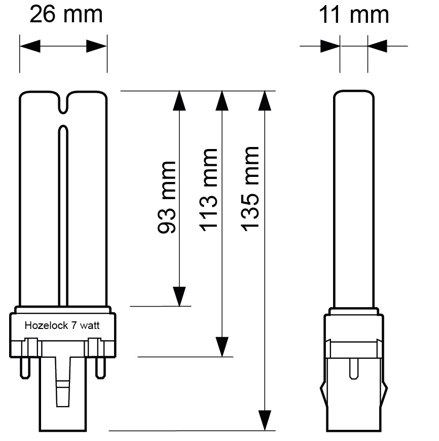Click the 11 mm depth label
click(x=353, y=15)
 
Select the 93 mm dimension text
click(x=167, y=197)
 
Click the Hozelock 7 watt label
click(x=62, y=326)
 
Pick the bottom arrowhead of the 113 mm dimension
click(x=222, y=347)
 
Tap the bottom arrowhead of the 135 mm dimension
click(x=264, y=420)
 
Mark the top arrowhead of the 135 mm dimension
click(x=264, y=100)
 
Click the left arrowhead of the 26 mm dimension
click(x=30, y=47)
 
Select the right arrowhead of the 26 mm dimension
click(x=96, y=47)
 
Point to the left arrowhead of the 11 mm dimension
click(x=330, y=47)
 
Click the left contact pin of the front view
click(x=24, y=368)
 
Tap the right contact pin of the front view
click(x=101, y=368)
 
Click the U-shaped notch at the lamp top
click(x=63, y=103)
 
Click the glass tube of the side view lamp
click(x=354, y=198)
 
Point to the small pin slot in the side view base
click(x=353, y=369)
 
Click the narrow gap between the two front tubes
click(x=63, y=213)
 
